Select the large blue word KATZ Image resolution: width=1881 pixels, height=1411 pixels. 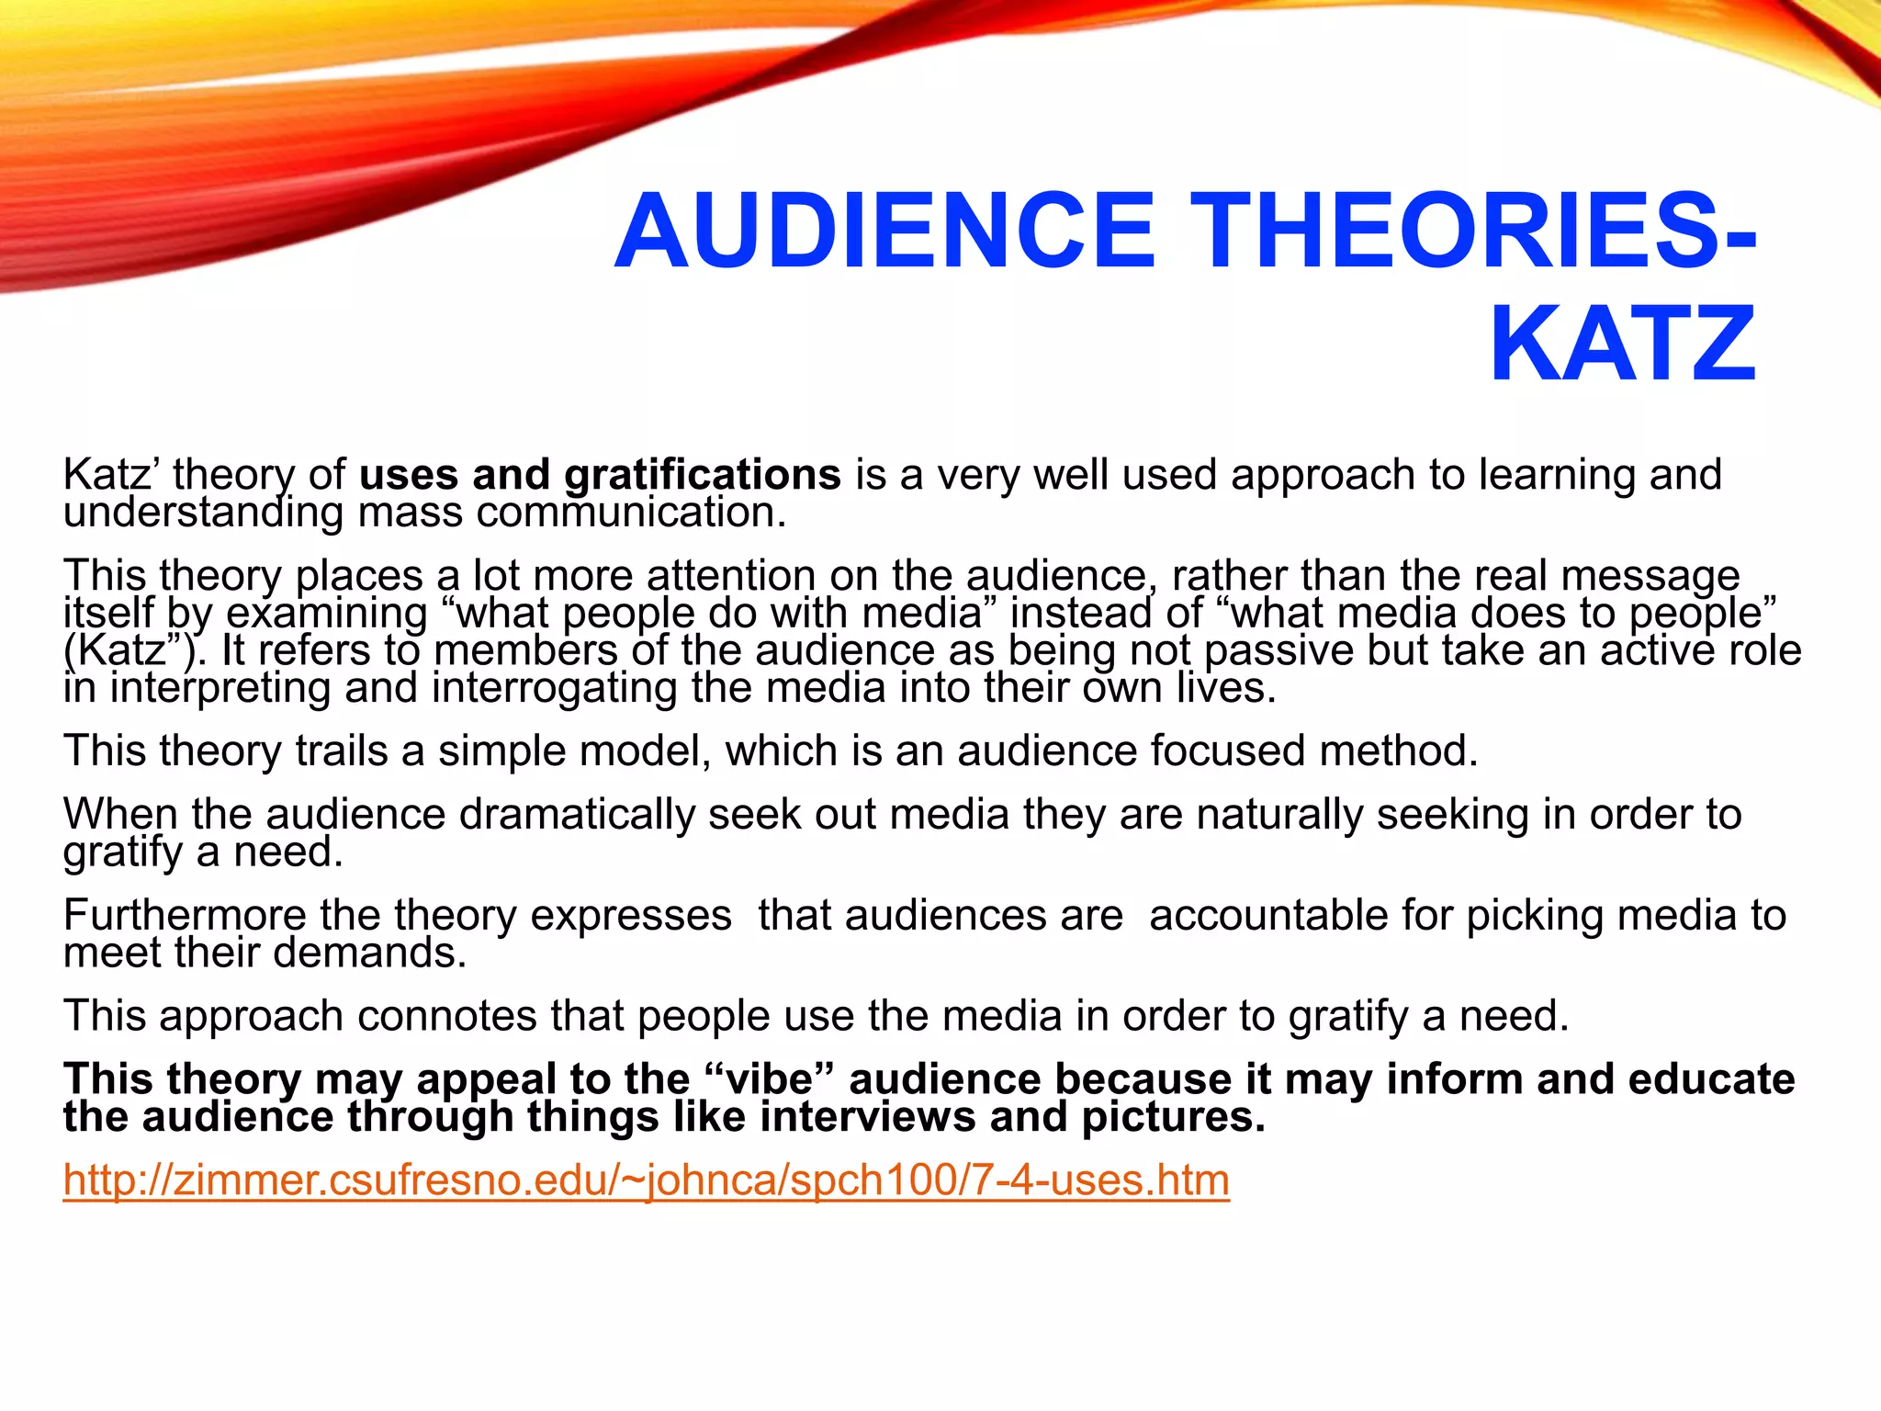point(1622,344)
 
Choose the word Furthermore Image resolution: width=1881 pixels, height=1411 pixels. point(185,915)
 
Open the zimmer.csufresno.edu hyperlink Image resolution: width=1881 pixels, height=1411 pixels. point(646,1180)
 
